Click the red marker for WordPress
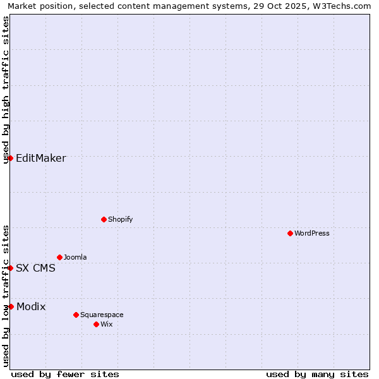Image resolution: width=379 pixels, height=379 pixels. click(290, 233)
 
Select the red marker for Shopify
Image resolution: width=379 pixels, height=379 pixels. click(104, 219)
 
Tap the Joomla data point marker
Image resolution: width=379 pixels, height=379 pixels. click(59, 257)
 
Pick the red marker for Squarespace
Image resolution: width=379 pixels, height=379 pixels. click(76, 315)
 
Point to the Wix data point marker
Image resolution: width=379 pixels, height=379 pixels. click(96, 324)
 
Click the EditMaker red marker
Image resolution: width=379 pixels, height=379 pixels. click(11, 158)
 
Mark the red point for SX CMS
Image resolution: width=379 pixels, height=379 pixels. click(11, 268)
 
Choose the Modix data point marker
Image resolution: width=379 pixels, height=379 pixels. click(11, 306)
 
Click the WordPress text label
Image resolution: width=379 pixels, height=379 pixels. click(312, 233)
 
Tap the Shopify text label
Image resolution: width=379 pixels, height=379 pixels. click(121, 219)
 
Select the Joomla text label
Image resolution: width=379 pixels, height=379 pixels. click(75, 257)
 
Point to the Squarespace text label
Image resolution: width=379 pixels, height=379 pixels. click(102, 315)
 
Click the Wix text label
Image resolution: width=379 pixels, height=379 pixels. click(107, 324)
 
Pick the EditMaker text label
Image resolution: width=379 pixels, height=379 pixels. click(41, 158)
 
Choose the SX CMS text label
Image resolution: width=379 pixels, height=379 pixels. click(35, 268)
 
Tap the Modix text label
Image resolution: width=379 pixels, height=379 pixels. click(31, 306)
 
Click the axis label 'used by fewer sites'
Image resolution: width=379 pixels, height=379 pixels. click(65, 374)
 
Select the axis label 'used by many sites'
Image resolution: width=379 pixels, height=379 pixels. click(317, 374)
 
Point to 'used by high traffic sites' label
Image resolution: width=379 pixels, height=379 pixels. click(6, 90)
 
